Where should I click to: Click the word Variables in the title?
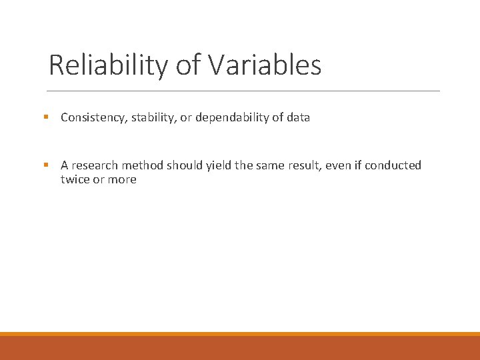pyautogui.click(x=265, y=65)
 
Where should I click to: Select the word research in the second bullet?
pyautogui.click(x=95, y=165)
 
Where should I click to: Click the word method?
pyautogui.click(x=142, y=165)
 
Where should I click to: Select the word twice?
pyautogui.click(x=75, y=179)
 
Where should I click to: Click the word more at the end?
pyautogui.click(x=122, y=179)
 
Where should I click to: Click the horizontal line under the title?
pyautogui.click(x=244, y=91)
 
